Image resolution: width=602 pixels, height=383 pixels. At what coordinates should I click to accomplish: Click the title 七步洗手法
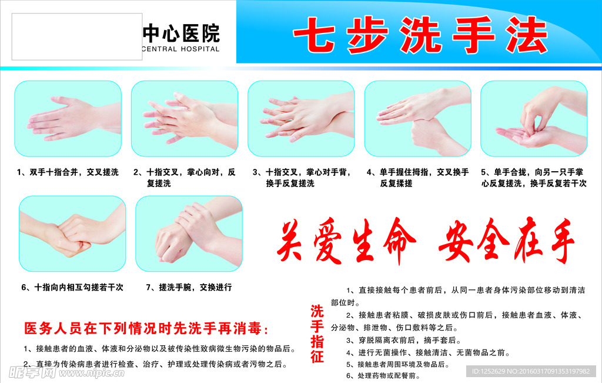point(420,35)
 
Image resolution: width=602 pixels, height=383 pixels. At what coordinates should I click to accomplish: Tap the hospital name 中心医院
point(181,33)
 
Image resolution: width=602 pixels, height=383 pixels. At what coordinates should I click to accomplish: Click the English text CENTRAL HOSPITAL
point(181,49)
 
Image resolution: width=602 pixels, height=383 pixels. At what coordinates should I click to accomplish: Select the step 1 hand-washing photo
point(68,118)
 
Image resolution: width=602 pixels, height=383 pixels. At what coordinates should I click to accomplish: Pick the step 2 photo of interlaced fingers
point(184,118)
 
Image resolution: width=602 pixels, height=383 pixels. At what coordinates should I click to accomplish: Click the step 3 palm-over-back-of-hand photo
point(301,118)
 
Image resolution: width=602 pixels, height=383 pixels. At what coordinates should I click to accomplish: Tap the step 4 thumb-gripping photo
point(417,118)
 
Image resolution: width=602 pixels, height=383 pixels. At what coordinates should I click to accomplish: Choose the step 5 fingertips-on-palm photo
point(534,118)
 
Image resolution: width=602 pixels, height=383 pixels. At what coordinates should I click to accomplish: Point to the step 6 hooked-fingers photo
point(72,234)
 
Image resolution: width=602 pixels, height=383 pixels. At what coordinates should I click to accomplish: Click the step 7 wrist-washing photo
point(189,234)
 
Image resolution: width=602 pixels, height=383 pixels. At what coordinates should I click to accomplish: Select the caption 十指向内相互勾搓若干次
point(72,288)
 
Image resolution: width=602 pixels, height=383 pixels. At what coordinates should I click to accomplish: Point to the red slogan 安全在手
point(506,242)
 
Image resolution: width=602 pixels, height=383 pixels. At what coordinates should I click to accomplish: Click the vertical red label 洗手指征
point(317,334)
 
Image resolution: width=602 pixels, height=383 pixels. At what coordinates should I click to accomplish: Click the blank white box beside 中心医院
point(76,37)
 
